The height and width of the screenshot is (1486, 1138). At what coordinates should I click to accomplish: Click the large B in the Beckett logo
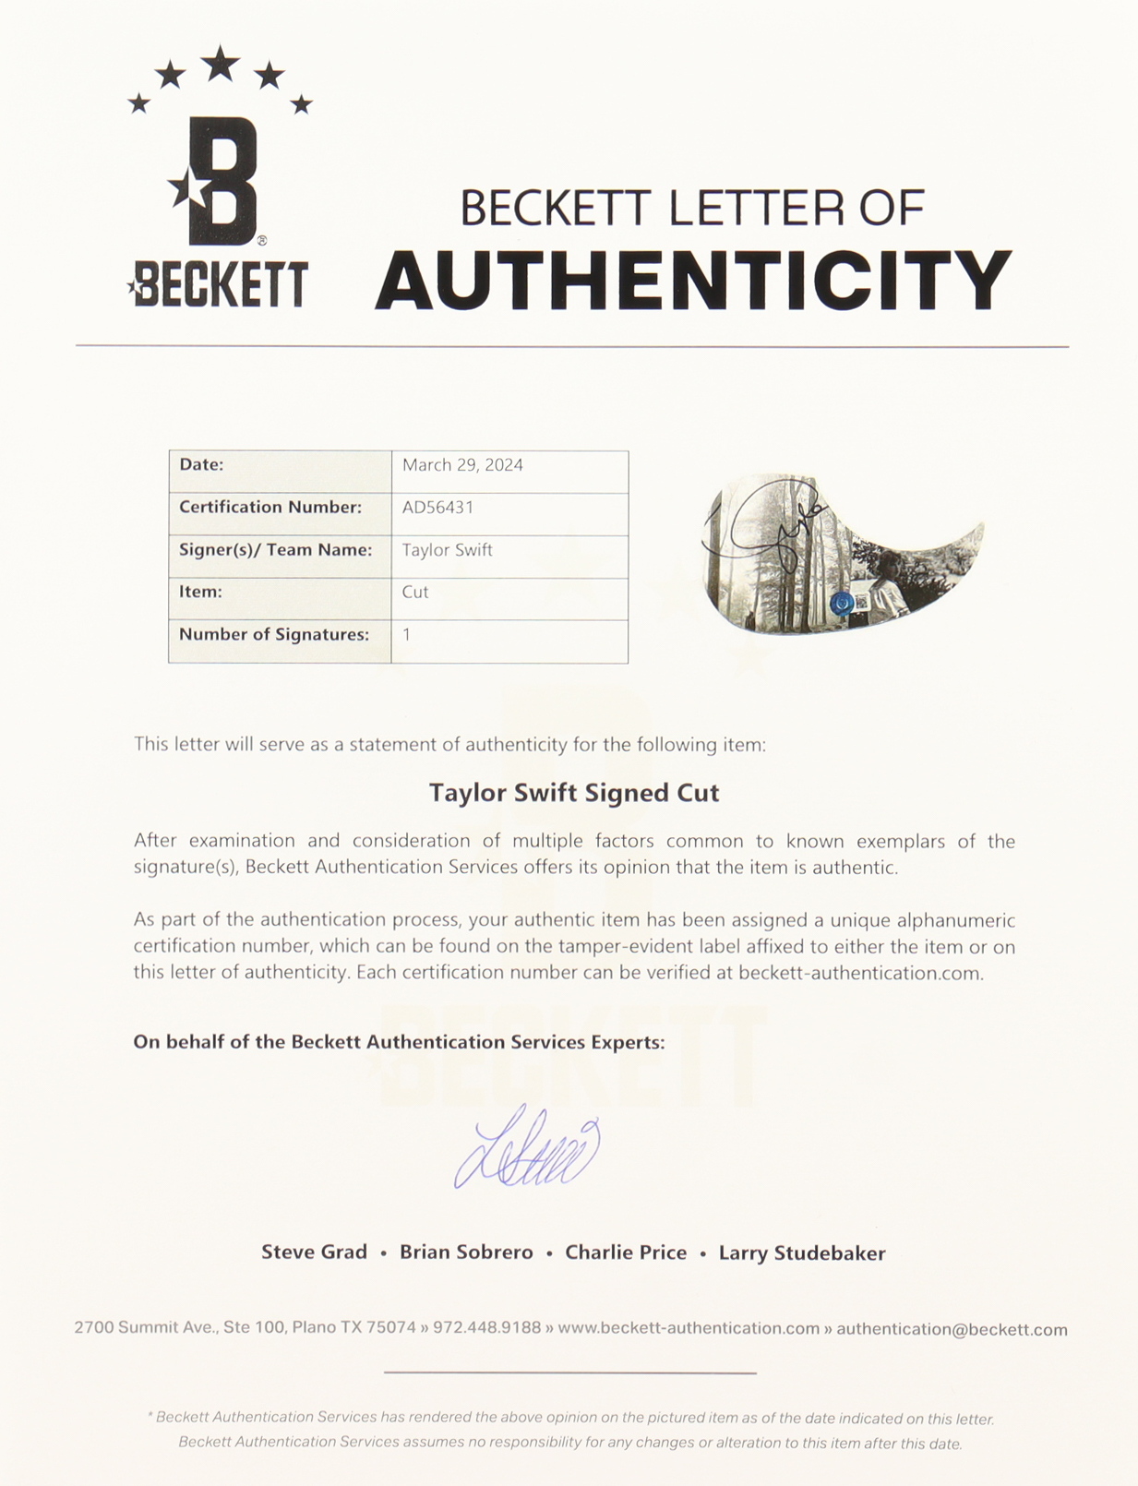click(x=222, y=182)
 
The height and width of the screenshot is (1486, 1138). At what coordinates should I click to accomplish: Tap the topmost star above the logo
click(x=220, y=65)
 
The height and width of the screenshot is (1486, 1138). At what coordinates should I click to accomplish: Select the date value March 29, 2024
click(x=462, y=465)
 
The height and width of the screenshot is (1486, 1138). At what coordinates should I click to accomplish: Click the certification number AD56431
click(x=437, y=508)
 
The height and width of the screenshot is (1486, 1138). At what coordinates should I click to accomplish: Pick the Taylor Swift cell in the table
click(x=447, y=550)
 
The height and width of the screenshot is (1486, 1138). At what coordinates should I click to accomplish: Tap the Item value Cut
click(x=415, y=593)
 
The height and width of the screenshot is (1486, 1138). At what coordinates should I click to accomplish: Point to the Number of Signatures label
click(x=273, y=635)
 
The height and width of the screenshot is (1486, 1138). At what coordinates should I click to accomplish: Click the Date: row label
click(x=201, y=465)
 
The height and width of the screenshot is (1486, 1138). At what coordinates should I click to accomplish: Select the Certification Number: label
click(x=270, y=508)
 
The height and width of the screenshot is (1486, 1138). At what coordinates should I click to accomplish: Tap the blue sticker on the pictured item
click(x=841, y=604)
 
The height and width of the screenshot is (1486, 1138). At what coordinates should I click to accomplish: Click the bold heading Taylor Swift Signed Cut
click(x=573, y=793)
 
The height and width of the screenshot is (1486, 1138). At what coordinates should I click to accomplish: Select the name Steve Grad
click(x=314, y=1252)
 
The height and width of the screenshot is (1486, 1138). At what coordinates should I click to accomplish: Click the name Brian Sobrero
click(x=466, y=1252)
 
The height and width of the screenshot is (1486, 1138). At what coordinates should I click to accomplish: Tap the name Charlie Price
click(x=626, y=1252)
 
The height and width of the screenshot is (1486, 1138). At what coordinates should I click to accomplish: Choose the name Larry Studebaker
click(x=802, y=1253)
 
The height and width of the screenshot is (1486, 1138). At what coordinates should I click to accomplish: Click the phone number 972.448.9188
click(x=487, y=1328)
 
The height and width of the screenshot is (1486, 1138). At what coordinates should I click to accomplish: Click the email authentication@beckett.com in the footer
click(x=952, y=1330)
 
